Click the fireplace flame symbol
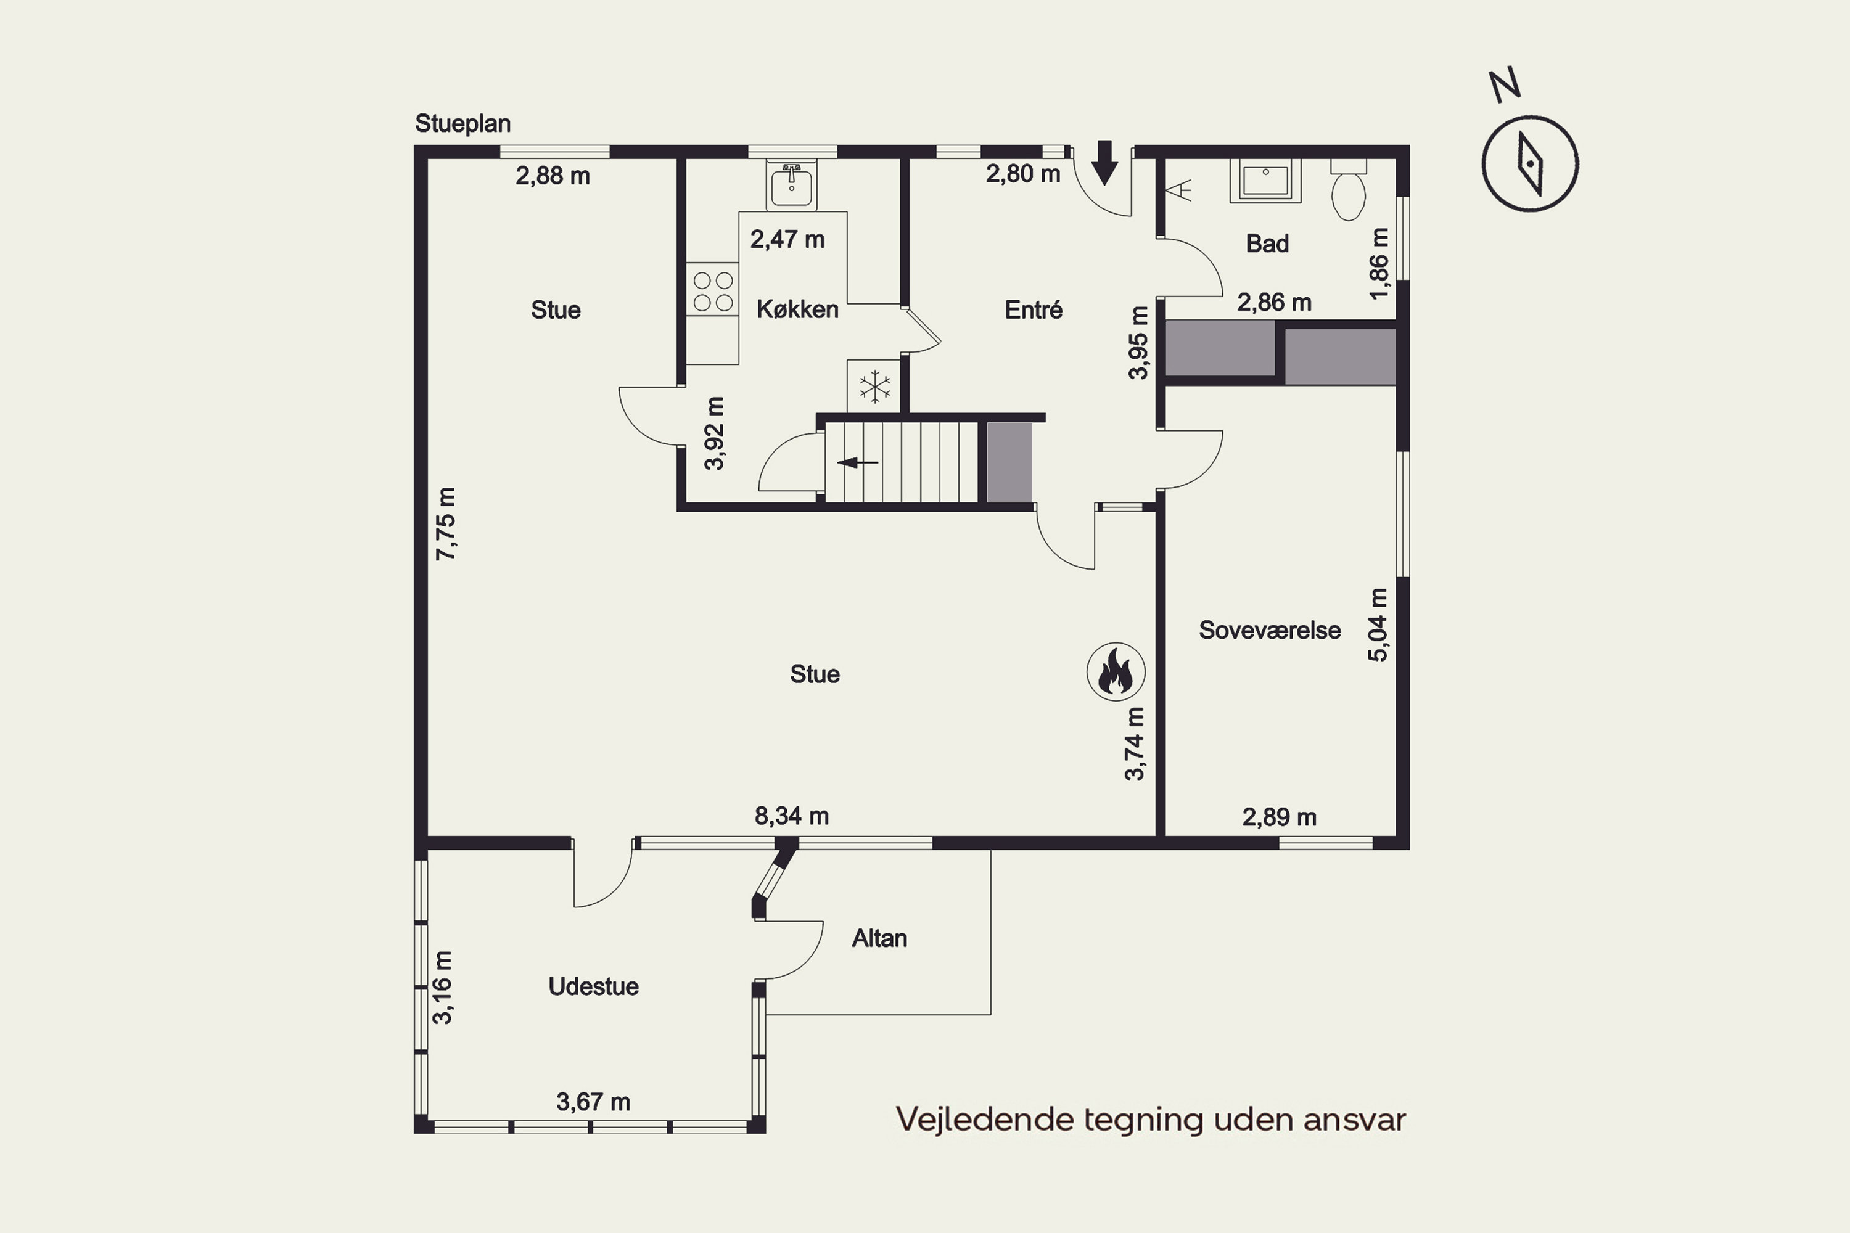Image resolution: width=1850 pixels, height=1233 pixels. point(1116,671)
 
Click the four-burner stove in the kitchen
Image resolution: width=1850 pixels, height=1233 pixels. point(713,291)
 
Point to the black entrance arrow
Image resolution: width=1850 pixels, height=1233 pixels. point(1105,163)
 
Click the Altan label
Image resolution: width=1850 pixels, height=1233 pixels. point(879,938)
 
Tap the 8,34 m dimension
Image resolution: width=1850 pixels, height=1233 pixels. point(791,816)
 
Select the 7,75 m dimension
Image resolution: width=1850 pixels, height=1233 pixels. point(445,523)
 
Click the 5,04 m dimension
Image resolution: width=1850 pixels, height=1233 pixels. point(1378,625)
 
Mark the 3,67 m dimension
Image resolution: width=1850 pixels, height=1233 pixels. point(593,1102)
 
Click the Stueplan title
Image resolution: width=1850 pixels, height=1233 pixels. point(462,123)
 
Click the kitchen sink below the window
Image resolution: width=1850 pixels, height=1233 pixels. point(791,185)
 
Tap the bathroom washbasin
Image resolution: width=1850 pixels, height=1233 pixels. point(1265,180)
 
